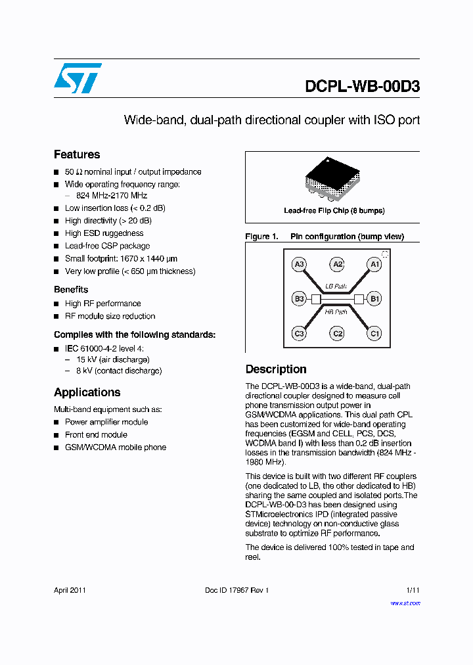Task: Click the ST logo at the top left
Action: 78,79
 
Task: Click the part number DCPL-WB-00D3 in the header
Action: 362,87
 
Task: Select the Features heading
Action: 77,154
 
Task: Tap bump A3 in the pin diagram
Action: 299,264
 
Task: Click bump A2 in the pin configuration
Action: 337,264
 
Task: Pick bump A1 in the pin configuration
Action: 374,264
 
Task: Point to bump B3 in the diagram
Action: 299,299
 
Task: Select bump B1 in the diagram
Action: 374,299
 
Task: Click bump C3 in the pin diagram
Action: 299,334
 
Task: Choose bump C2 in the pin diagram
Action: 337,334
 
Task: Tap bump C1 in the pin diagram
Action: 374,334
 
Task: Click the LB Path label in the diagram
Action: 336,287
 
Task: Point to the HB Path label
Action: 336,312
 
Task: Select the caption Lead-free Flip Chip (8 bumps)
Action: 334,211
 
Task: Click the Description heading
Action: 276,369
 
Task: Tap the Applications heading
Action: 87,392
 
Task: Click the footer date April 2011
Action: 70,590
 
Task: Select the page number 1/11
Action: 413,590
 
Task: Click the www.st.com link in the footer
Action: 405,603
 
